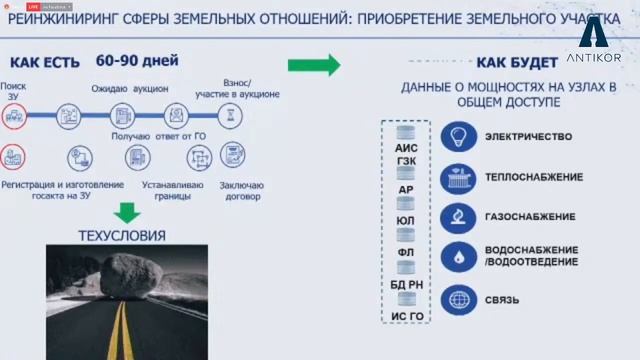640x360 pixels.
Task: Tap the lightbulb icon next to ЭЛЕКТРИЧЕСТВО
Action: (x=458, y=136)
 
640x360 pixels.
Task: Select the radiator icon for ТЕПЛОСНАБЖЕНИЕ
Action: (x=458, y=177)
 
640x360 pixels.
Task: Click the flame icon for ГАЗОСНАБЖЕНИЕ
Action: (x=458, y=216)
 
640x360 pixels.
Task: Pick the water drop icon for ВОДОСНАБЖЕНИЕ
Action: (x=458, y=255)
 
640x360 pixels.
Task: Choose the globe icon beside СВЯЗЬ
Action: (x=458, y=299)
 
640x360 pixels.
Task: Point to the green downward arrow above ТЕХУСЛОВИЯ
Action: (x=126, y=213)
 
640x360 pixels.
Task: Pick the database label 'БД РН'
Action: (x=406, y=286)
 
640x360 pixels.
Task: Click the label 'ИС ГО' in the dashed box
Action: (x=406, y=316)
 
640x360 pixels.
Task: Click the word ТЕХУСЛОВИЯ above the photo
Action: (x=122, y=235)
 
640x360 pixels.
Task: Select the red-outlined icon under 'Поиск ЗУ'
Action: (x=13, y=117)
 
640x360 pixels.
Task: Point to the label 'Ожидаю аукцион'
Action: (x=130, y=89)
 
